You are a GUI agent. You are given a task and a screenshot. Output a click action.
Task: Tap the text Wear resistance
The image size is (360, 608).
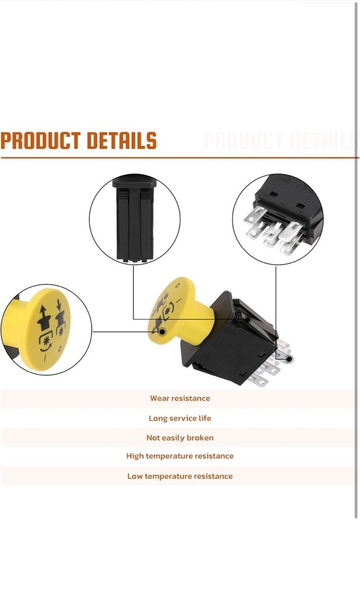click(x=180, y=398)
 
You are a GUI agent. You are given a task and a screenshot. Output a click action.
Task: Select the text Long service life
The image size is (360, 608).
click(x=180, y=418)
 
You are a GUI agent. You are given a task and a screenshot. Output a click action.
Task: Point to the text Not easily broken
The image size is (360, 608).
click(x=180, y=438)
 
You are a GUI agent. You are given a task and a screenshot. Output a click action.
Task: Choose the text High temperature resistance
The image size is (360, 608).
click(x=180, y=455)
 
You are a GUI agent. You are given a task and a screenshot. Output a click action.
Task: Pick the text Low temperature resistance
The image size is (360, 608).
click(x=180, y=476)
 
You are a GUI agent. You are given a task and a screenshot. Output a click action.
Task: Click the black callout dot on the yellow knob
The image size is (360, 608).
click(x=162, y=331)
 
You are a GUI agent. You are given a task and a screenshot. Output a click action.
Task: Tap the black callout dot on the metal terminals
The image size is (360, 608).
click(x=289, y=359)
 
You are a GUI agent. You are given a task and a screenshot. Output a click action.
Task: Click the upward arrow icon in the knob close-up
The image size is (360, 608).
click(x=43, y=318)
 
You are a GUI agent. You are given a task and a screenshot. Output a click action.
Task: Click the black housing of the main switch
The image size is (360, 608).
click(x=231, y=339)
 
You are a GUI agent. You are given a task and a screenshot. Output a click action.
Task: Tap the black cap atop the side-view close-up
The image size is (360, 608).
click(x=134, y=181)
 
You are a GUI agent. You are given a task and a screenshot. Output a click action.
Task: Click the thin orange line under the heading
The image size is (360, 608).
click(x=180, y=158)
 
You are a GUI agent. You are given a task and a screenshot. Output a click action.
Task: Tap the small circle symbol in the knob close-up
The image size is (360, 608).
click(x=60, y=349)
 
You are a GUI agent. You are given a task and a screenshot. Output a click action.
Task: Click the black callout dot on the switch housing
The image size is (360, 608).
click(x=247, y=320)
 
